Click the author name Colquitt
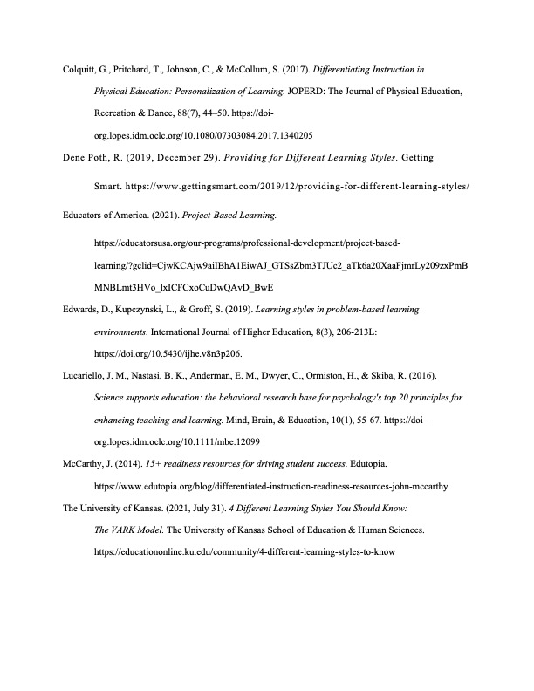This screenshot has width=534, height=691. tap(79, 66)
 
